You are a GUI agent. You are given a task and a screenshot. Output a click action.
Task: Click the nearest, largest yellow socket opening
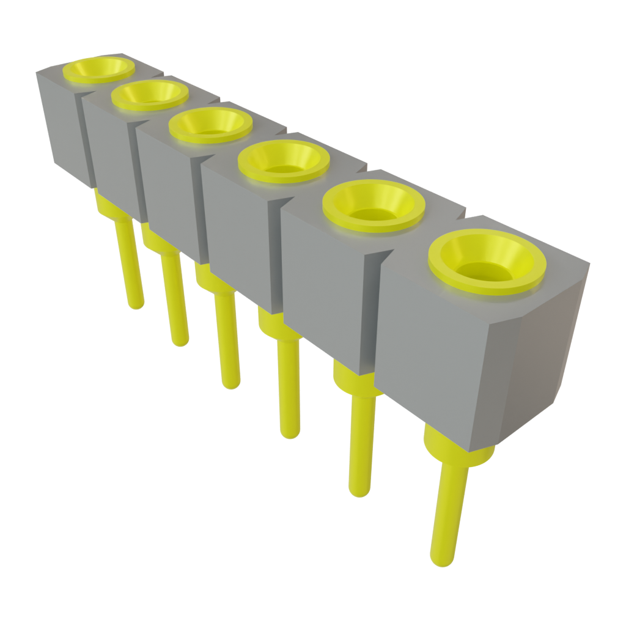pos(487,262)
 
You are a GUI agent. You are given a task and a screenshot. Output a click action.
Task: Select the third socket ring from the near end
pos(284,160)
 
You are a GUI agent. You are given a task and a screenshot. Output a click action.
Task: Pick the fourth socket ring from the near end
pos(210,125)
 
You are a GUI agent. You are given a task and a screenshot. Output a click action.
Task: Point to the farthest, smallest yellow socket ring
pos(98,68)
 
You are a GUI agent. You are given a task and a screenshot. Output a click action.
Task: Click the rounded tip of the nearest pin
pos(441,559)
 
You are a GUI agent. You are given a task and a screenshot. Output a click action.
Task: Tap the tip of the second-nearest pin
pos(359,490)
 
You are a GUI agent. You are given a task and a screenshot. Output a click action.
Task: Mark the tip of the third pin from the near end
pos(290,432)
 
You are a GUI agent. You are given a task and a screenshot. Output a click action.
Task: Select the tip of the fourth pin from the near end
pos(231,383)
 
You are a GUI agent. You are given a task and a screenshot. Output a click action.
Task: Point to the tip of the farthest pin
pos(136,303)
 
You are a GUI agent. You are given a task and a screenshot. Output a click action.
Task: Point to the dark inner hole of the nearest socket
pos(487,273)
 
